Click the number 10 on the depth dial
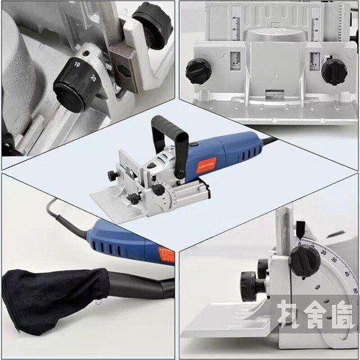coord(77,64)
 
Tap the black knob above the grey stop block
coord(152,24)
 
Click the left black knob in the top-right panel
coord(198,70)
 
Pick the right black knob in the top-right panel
coord(333,71)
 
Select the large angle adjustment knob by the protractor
coord(306,260)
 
